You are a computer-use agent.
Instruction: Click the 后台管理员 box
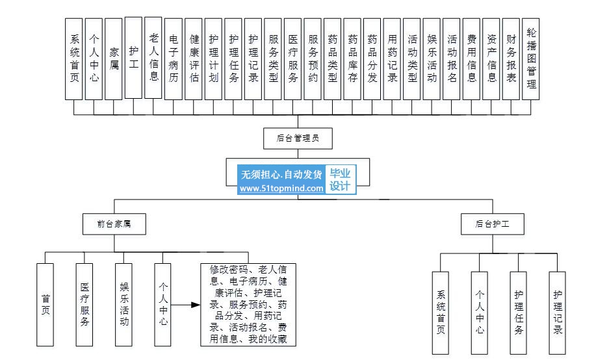click(299, 138)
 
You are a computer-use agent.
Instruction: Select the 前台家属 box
click(114, 224)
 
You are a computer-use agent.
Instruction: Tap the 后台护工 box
click(493, 224)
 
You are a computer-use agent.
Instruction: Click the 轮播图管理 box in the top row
click(532, 58)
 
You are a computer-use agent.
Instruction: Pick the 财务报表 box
click(511, 58)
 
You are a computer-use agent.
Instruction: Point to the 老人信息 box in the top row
click(153, 58)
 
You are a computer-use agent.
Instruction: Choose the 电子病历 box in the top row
click(174, 58)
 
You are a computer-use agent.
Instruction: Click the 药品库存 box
click(353, 58)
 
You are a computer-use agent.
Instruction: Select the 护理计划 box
click(214, 58)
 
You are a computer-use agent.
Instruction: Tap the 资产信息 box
click(492, 58)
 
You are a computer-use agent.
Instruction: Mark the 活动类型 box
click(412, 58)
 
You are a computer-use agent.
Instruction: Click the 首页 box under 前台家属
click(45, 304)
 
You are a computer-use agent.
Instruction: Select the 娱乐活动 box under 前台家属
click(124, 304)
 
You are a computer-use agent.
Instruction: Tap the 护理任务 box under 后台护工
click(519, 313)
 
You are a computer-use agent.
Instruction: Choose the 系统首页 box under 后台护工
click(441, 313)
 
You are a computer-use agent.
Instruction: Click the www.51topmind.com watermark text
click(281, 188)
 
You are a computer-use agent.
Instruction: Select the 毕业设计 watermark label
click(340, 180)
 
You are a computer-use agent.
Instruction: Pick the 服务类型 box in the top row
click(274, 58)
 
